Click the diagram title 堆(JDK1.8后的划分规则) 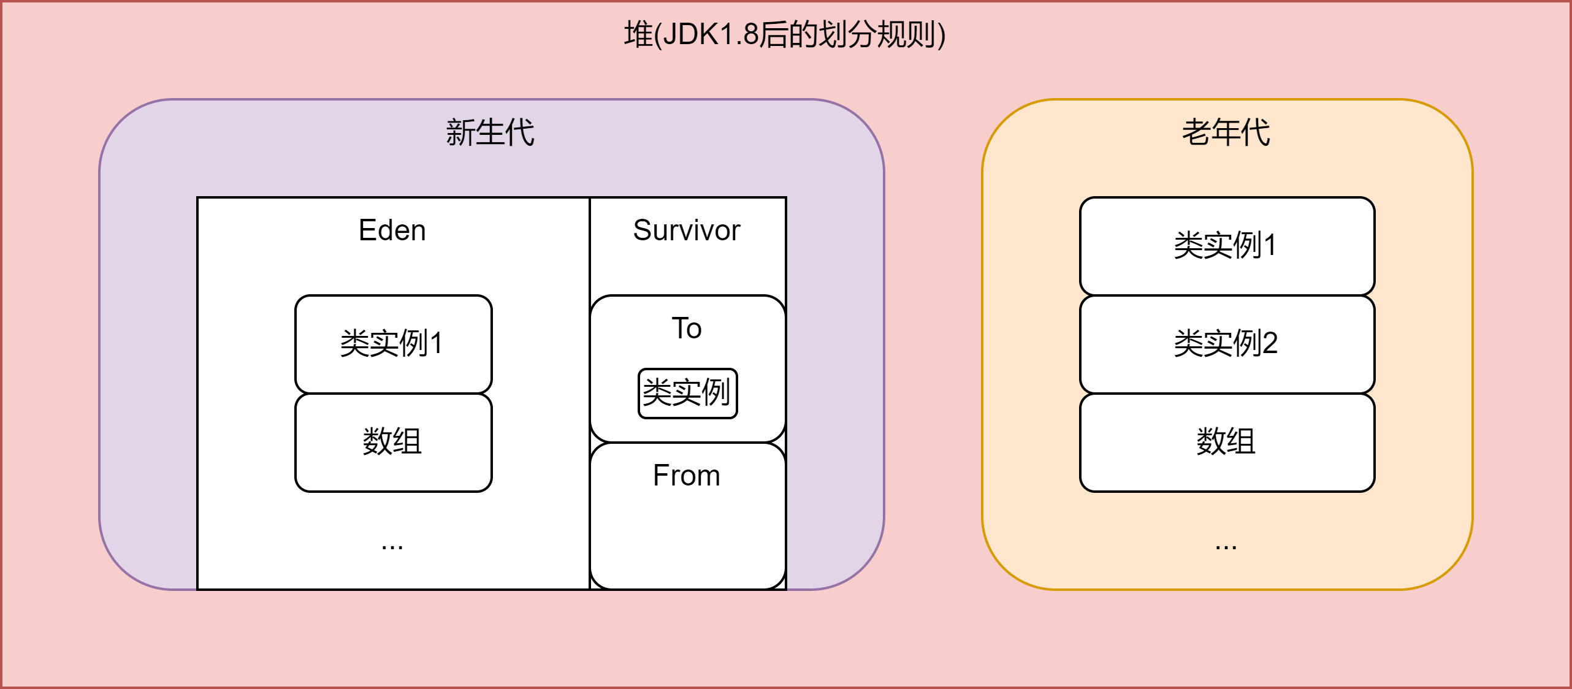pyautogui.click(x=785, y=34)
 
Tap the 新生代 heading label pyautogui.click(x=490, y=132)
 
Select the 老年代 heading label pyautogui.click(x=1226, y=132)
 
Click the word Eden pyautogui.click(x=392, y=230)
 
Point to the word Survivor pyautogui.click(x=687, y=230)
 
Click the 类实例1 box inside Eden pyautogui.click(x=392, y=343)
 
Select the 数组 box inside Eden pyautogui.click(x=392, y=441)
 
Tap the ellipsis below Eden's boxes pyautogui.click(x=392, y=545)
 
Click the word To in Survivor pyautogui.click(x=687, y=329)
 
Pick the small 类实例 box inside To pyautogui.click(x=687, y=393)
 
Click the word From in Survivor pyautogui.click(x=687, y=476)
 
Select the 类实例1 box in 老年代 pyautogui.click(x=1226, y=245)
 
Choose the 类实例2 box pyautogui.click(x=1226, y=343)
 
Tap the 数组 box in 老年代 pyautogui.click(x=1226, y=441)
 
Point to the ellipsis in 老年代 pyautogui.click(x=1226, y=545)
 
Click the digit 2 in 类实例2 pyautogui.click(x=1270, y=343)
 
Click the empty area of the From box pyautogui.click(x=687, y=539)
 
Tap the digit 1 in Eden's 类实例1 pyautogui.click(x=436, y=343)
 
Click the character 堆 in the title pyautogui.click(x=638, y=34)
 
